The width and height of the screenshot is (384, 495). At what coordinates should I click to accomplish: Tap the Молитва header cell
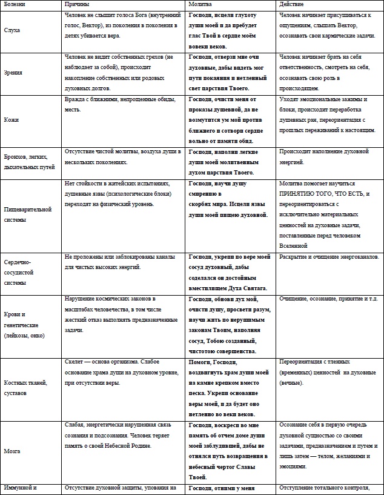(x=202, y=5)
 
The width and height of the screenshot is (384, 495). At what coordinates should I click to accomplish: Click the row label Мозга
(x=13, y=451)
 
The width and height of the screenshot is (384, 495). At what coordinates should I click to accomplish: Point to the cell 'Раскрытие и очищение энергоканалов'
(x=329, y=257)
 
